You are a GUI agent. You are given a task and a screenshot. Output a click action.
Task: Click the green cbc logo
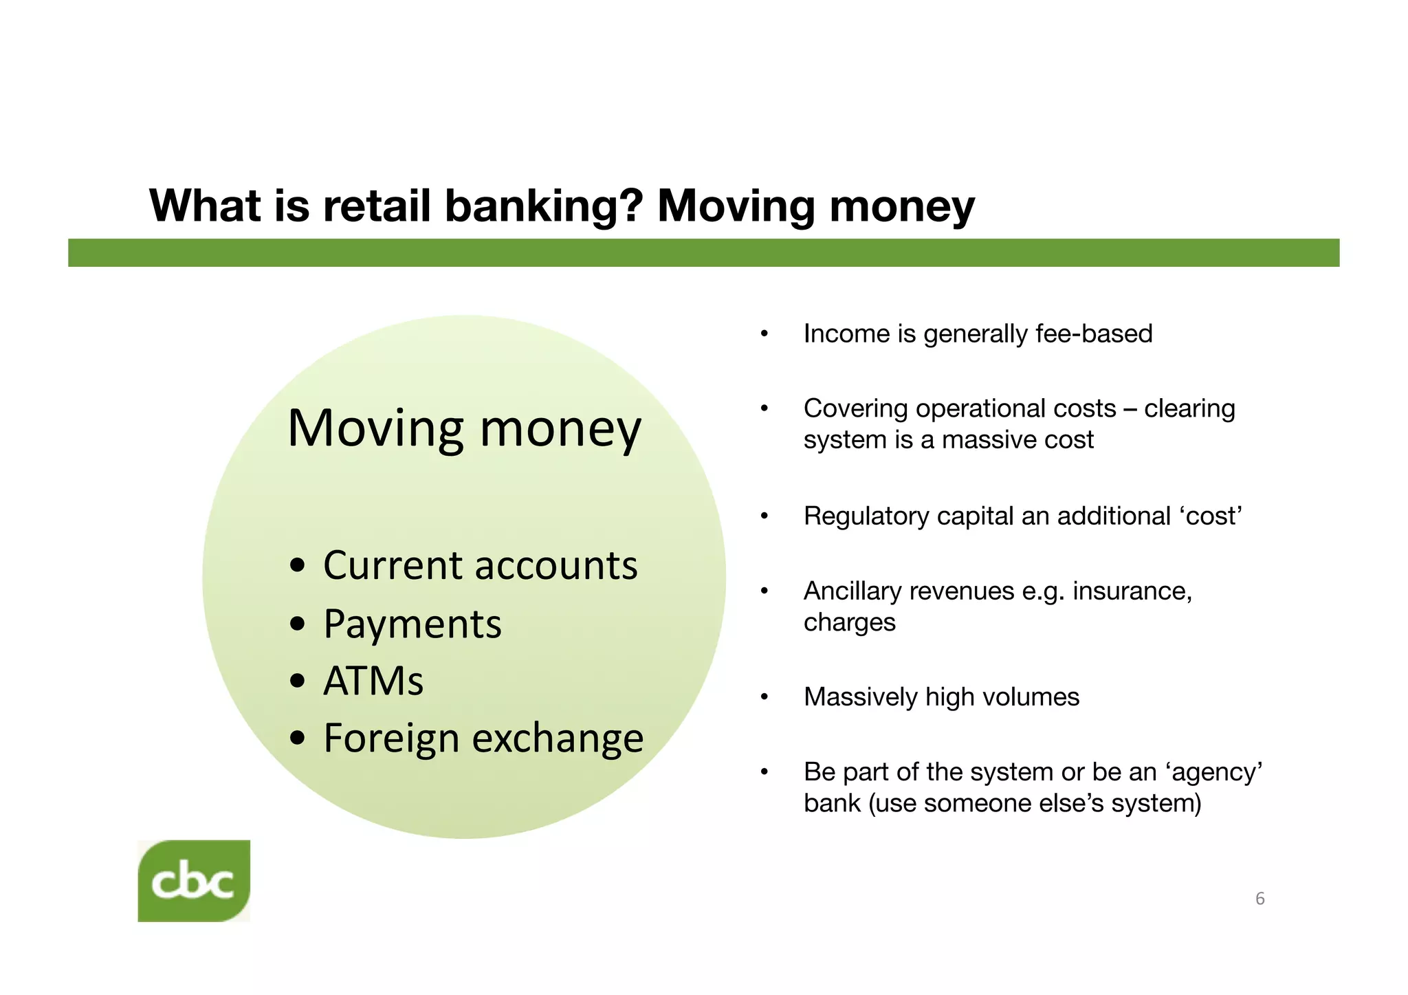pos(194,881)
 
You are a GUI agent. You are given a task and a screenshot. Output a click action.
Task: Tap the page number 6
pos(1259,899)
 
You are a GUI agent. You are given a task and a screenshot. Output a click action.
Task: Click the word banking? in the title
pos(544,206)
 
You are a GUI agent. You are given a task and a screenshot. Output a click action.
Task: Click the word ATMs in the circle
pos(373,681)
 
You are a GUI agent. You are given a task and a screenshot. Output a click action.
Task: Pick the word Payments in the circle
pos(412,624)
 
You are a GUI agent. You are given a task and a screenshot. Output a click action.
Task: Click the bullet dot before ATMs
pos(298,682)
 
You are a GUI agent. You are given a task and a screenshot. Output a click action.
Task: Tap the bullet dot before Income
pos(764,335)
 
